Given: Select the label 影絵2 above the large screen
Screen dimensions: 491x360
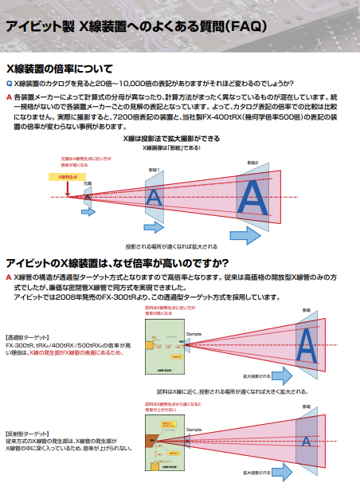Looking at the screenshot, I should pos(252,163).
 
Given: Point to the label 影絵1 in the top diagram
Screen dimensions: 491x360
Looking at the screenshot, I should pos(155,170).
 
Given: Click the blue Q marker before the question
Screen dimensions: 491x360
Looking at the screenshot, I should pos(9,84).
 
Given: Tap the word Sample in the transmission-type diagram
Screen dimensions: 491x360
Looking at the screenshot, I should pos(171,332).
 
